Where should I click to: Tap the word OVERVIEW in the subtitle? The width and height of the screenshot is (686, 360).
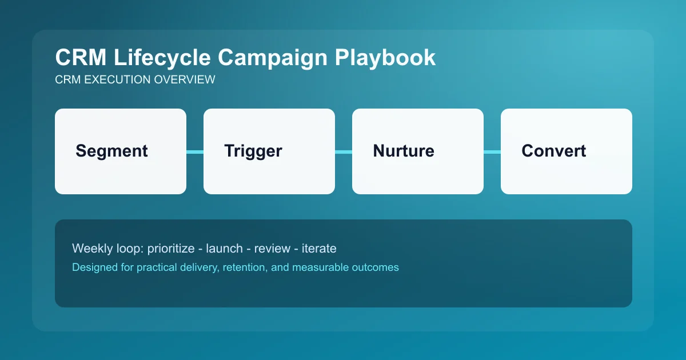185,80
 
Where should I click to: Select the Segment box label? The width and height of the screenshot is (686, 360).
111,151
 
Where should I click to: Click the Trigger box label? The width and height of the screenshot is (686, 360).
253,151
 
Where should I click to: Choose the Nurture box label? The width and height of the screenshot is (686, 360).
403,151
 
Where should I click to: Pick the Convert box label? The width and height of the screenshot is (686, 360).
553,151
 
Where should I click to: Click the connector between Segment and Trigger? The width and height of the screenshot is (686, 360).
195,151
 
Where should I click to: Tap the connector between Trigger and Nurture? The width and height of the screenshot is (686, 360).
344,151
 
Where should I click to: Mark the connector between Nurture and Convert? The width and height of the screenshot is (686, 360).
492,151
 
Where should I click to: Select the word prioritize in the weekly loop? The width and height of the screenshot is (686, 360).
173,249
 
